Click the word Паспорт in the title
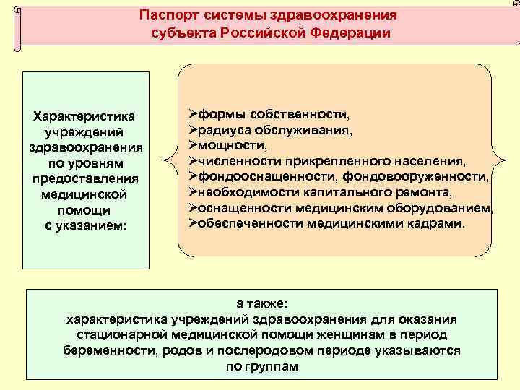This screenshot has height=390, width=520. (168, 15)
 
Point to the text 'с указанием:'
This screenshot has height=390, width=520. (85, 225)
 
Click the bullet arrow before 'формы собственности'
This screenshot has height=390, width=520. (193, 115)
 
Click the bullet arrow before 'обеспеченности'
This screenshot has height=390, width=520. (193, 223)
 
